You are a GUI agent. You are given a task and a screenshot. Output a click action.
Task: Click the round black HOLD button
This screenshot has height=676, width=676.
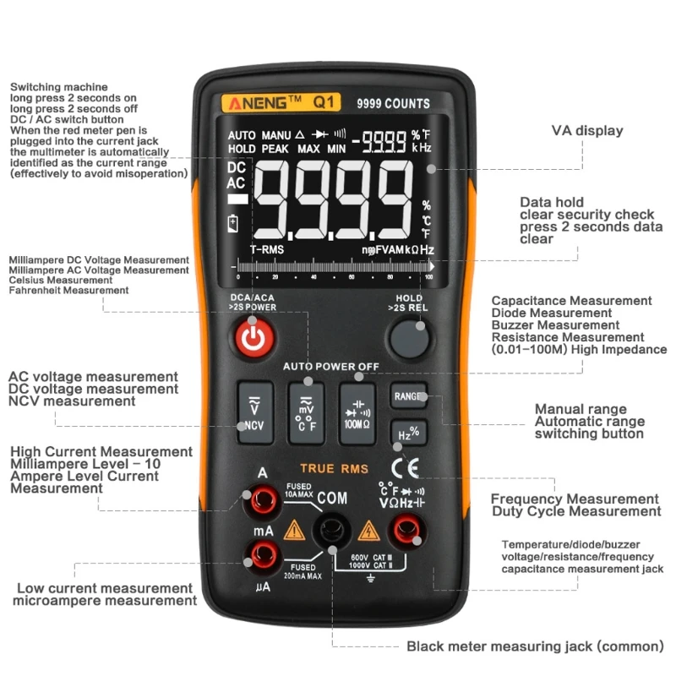click(x=408, y=338)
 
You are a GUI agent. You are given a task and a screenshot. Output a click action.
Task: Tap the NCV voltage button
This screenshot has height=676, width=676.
click(x=254, y=412)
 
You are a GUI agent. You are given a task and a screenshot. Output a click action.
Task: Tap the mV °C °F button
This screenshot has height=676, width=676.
click(x=305, y=412)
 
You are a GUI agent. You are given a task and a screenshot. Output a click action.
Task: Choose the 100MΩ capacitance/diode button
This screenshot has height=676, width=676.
click(x=356, y=412)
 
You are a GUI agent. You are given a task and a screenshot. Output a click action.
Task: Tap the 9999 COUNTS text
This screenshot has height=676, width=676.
click(x=393, y=104)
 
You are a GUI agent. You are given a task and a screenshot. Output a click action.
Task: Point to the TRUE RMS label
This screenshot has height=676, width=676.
click(x=329, y=468)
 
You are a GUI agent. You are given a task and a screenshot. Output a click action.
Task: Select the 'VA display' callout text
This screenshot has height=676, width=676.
click(x=587, y=131)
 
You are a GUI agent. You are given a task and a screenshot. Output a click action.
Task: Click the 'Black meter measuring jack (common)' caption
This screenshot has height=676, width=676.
click(x=535, y=646)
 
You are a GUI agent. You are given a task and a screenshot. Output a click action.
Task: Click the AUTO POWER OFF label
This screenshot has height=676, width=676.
click(x=330, y=367)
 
